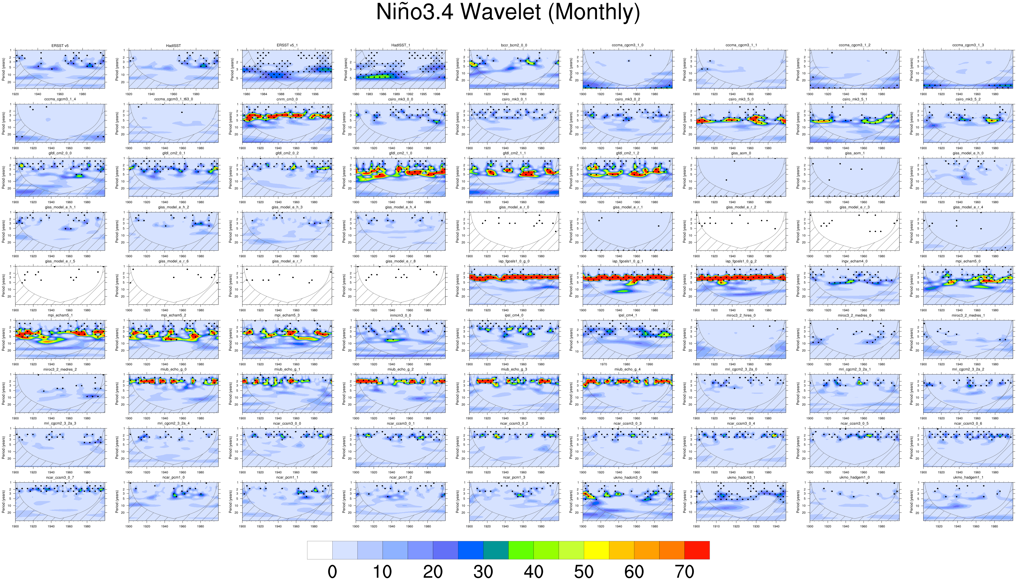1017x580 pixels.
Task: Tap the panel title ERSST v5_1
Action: tap(287, 45)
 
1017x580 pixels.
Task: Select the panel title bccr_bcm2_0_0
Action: tap(514, 45)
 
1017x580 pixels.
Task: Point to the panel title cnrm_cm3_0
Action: tap(287, 99)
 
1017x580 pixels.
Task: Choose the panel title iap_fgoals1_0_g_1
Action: tap(627, 261)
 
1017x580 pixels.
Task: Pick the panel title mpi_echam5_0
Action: tap(968, 261)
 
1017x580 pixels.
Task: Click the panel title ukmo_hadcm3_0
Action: tap(627, 477)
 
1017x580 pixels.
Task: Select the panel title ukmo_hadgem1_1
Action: tap(968, 477)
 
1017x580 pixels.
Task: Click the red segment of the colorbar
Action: tap(697, 550)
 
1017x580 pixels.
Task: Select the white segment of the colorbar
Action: tap(319, 550)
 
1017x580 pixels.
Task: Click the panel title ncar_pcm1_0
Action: tap(173, 477)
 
